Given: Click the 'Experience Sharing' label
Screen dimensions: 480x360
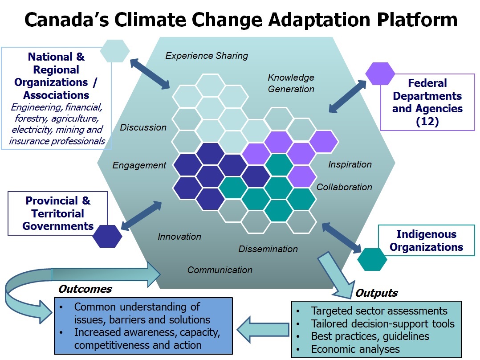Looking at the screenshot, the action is click(207, 56).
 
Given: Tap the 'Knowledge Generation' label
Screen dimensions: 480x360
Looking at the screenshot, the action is click(291, 83).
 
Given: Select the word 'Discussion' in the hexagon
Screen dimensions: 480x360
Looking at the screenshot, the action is click(143, 127).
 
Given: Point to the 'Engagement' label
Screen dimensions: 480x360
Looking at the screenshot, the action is click(139, 165).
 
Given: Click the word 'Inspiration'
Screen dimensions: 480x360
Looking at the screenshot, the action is click(350, 164).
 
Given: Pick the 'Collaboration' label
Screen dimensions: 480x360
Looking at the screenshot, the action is click(344, 187).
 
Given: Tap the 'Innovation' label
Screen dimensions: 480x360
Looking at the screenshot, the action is click(179, 237).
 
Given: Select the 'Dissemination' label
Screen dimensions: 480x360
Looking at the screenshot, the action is click(268, 249).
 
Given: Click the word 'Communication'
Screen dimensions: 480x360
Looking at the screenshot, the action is click(220, 270).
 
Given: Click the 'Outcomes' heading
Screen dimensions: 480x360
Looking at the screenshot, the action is click(85, 289).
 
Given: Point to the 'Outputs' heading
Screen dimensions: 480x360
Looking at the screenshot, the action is click(377, 293).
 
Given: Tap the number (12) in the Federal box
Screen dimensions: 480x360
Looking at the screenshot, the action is click(427, 121).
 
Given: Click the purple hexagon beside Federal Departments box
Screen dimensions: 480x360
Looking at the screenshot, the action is click(380, 74).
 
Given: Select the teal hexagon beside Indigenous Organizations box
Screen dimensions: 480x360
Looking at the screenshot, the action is click(372, 259).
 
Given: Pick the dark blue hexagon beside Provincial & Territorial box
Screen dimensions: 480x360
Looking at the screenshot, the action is click(107, 236).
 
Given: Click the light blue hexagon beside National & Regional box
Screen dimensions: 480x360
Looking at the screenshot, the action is click(115, 51).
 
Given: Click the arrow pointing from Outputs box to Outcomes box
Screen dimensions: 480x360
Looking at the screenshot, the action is click(263, 330).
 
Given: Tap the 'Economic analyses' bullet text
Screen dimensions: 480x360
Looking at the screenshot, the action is click(355, 349).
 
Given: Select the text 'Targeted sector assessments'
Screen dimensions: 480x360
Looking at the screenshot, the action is click(379, 311).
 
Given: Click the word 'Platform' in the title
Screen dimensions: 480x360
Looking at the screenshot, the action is click(417, 20).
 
